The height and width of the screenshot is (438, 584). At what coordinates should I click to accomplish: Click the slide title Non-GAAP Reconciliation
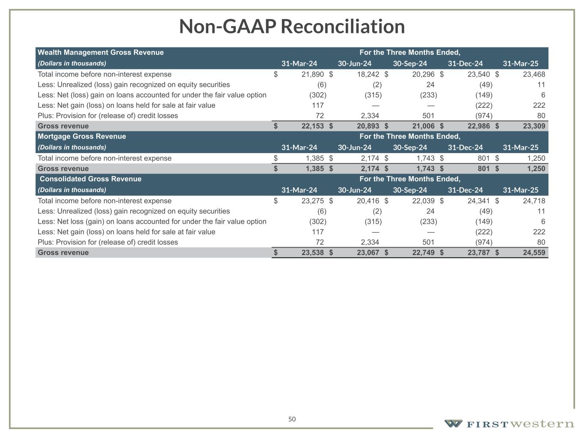292,27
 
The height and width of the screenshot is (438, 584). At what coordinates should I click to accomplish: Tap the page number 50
292,419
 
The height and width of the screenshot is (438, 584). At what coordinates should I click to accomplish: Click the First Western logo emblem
453,424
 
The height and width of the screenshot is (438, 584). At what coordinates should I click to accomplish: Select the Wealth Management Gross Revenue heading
101,53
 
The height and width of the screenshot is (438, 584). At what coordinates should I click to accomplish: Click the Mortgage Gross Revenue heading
82,136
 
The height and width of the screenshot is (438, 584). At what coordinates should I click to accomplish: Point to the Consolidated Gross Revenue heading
90,179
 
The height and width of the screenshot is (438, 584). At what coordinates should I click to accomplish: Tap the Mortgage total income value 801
483,158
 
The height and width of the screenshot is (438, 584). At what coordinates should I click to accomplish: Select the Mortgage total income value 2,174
370,158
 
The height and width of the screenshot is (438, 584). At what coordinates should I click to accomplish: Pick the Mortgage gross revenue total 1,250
536,169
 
